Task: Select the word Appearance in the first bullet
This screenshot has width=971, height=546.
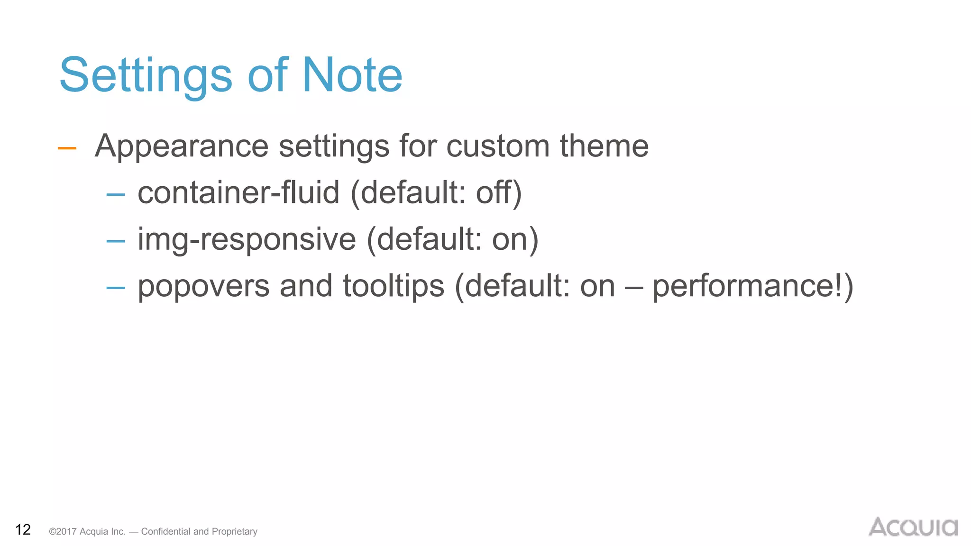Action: pyautogui.click(x=182, y=146)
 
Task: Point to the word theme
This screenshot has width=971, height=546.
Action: pyautogui.click(x=604, y=146)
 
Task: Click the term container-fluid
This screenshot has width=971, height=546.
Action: pyautogui.click(x=238, y=192)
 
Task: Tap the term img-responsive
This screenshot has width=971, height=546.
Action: pyautogui.click(x=247, y=239)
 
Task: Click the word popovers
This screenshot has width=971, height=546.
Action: pyautogui.click(x=203, y=286)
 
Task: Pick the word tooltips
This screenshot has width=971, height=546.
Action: pyautogui.click(x=394, y=286)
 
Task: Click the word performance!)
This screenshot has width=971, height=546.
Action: pyautogui.click(x=753, y=286)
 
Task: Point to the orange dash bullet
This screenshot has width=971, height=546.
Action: pyautogui.click(x=67, y=148)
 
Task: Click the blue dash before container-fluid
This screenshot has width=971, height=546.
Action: pyautogui.click(x=116, y=194)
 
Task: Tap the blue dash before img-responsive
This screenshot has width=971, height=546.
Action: pyautogui.click(x=116, y=241)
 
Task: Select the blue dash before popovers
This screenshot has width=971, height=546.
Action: pyautogui.click(x=116, y=288)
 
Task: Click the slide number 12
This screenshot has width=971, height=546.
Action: pyautogui.click(x=23, y=529)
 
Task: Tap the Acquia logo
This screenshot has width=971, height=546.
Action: pyautogui.click(x=913, y=527)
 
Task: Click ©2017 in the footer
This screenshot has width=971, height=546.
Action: pyautogui.click(x=63, y=531)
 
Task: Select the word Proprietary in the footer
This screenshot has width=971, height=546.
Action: pyautogui.click(x=234, y=531)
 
